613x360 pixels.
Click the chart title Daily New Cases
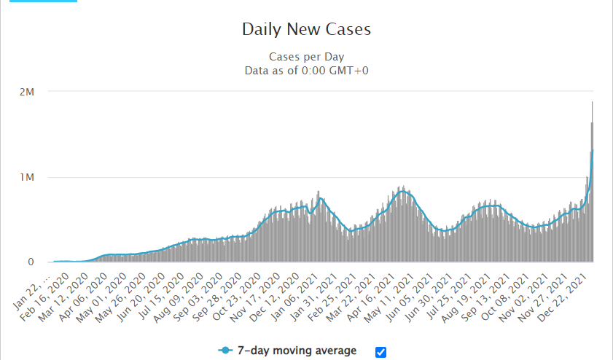(x=306, y=30)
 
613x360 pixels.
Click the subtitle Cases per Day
(x=306, y=57)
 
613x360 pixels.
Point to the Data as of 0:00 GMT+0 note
(x=306, y=70)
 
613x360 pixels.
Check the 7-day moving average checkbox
(x=380, y=352)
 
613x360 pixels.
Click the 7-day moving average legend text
(x=297, y=351)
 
